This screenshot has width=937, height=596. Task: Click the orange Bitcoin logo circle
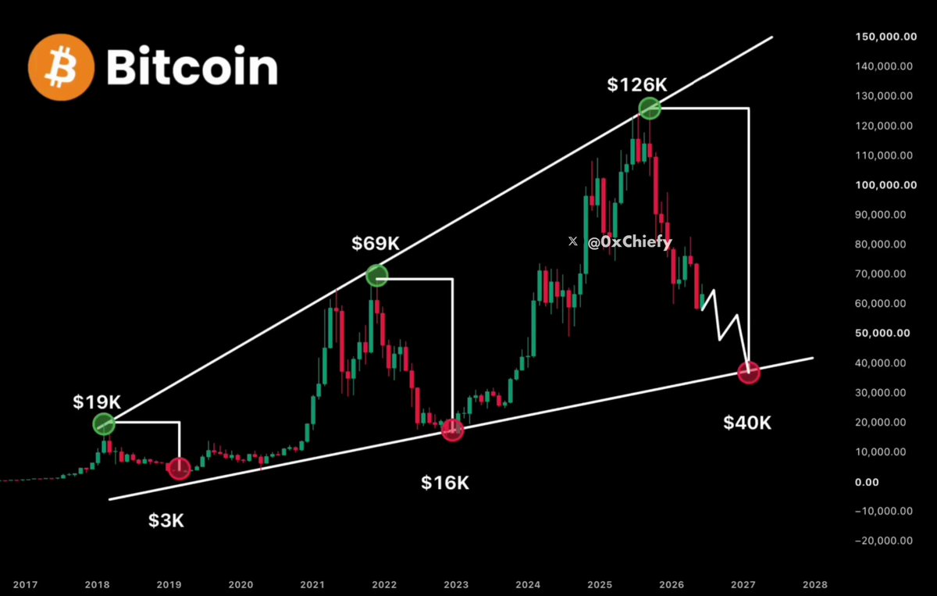coord(62,67)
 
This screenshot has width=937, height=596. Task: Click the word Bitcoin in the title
coord(192,66)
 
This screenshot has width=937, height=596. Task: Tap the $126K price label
coord(637,84)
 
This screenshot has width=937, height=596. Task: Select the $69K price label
coord(376,243)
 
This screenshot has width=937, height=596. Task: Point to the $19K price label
coord(97,401)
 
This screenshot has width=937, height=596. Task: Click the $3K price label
coord(166,521)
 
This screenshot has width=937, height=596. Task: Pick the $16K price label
coord(445,483)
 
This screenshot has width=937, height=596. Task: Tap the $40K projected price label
coord(747,423)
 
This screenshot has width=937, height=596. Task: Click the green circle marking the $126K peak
coord(650,109)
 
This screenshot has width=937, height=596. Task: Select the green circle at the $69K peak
coord(377,276)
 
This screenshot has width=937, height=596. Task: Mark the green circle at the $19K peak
coord(104,424)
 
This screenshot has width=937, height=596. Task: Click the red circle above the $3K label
coord(179,468)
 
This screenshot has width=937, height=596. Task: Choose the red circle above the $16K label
coord(453,430)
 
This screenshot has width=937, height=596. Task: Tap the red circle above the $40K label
coord(749,372)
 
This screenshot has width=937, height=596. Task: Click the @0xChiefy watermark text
coord(629,242)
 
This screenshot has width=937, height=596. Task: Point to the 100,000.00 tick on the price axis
coord(886,185)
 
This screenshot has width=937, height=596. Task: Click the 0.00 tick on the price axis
coord(867,482)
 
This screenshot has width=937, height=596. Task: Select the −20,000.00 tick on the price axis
coord(884,541)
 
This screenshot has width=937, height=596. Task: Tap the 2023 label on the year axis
coord(456,585)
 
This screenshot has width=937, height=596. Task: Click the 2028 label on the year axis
coord(815,585)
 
